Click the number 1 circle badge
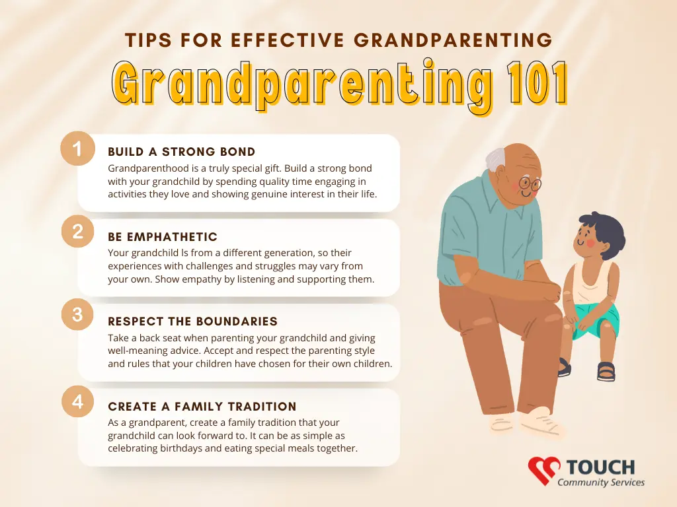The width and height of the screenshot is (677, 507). point(78,149)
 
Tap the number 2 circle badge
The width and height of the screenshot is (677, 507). point(78,232)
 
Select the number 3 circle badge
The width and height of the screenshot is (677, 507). point(78,314)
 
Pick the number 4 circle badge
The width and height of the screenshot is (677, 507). point(78,401)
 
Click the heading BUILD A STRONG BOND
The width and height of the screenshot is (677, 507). point(181,152)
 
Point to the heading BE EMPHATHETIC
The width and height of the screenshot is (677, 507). point(163,237)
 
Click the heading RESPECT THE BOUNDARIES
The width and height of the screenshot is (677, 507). point(192,321)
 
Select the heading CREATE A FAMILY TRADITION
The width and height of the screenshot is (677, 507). point(202,406)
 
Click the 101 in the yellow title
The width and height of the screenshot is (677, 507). point(537,83)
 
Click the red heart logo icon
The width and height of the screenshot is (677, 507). point(543,470)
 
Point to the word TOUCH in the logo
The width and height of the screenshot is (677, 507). point(600,467)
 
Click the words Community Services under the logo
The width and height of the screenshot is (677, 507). point(600,483)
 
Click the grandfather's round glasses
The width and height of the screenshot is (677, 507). point(530,184)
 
